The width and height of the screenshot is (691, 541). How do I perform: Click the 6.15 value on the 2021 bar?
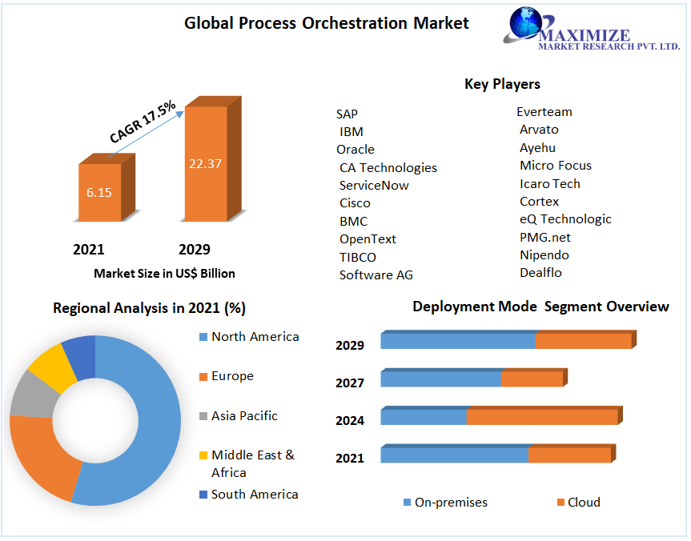tap(100, 193)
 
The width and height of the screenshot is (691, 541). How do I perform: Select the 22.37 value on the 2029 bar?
tap(205, 163)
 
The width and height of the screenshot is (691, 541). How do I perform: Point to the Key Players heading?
tap(502, 84)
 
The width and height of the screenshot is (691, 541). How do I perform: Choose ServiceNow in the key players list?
tap(374, 186)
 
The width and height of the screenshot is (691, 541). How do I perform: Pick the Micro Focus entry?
tap(556, 166)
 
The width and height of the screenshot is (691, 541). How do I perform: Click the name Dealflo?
tap(540, 273)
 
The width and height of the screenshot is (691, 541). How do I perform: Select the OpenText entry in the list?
tap(368, 239)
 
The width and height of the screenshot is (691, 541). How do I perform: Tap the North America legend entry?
tap(255, 337)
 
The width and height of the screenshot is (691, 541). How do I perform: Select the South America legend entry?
tap(255, 495)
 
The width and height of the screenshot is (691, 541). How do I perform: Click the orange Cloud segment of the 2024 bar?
tap(542, 417)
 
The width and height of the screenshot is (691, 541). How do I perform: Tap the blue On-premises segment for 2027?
tap(440, 379)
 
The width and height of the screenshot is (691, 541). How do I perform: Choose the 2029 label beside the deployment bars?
tap(350, 346)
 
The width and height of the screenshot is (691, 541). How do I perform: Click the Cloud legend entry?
tap(584, 503)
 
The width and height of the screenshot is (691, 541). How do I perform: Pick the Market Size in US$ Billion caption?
tap(164, 274)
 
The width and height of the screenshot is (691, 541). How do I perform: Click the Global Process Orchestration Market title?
tap(327, 23)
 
